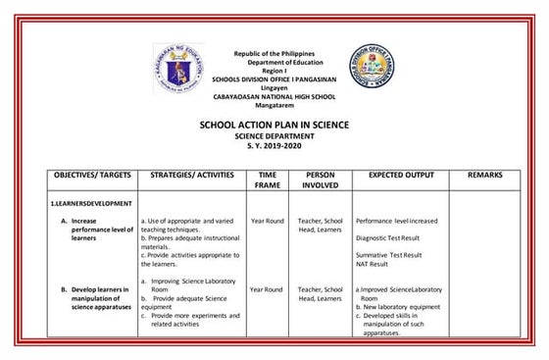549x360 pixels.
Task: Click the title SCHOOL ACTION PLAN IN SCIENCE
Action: (274, 126)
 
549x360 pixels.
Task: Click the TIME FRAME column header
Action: (268, 179)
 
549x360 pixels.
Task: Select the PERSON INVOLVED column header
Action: (321, 179)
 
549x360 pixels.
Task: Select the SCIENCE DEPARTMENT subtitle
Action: (274, 136)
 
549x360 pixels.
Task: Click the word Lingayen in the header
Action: (274, 85)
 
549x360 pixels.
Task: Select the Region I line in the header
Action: (274, 69)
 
